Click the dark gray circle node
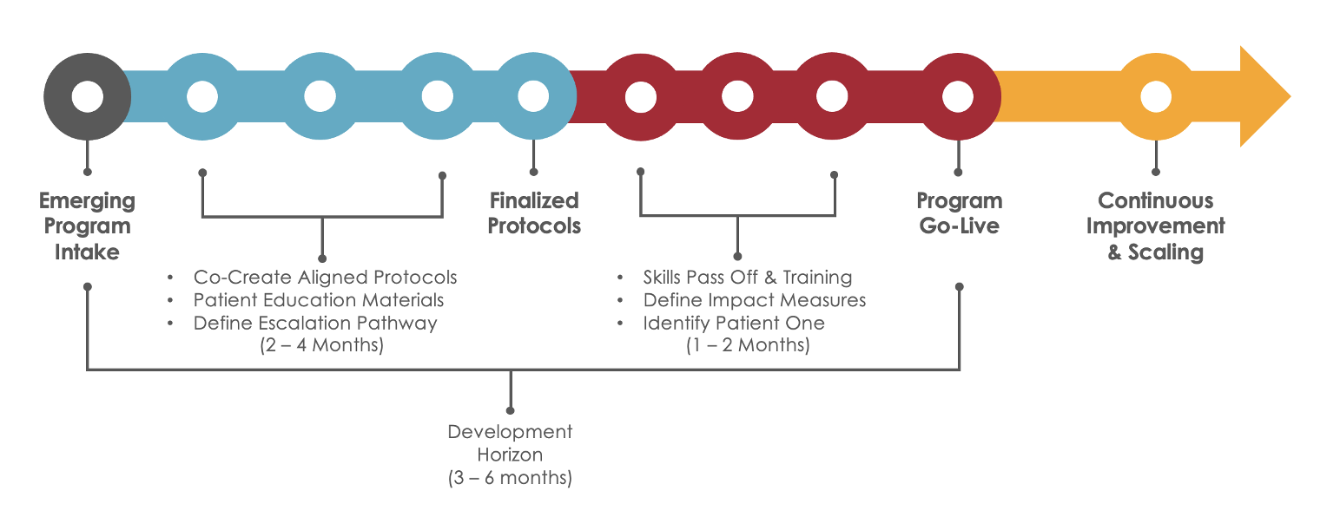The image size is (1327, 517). click(x=87, y=95)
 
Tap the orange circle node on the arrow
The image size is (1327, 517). click(x=1154, y=95)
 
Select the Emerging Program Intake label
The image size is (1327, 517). click(x=87, y=226)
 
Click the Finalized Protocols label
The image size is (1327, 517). click(x=534, y=213)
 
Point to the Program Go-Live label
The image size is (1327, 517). click(x=959, y=213)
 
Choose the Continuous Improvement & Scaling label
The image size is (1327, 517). click(x=1155, y=226)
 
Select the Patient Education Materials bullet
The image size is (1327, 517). click(x=319, y=300)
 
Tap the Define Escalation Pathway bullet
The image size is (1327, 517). click(x=315, y=323)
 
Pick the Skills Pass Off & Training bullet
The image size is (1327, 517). click(x=747, y=278)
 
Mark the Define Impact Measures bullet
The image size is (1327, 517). click(x=754, y=300)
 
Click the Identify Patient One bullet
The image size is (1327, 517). click(x=734, y=323)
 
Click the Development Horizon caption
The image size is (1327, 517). click(x=510, y=442)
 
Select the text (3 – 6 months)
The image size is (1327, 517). click(x=510, y=478)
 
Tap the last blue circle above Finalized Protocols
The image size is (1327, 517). click(x=533, y=95)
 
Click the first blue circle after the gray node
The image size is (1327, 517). click(x=201, y=95)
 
